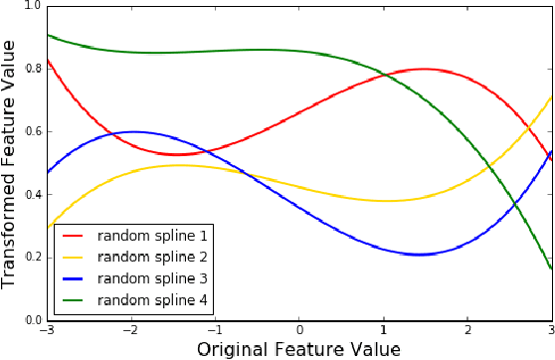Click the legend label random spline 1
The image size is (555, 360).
pos(152,236)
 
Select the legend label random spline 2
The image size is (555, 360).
pos(152,257)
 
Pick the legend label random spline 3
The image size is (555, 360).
pos(152,277)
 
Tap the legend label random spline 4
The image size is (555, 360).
pos(152,298)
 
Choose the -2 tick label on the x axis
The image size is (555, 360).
pos(129,330)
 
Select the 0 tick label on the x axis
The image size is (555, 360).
pos(298,330)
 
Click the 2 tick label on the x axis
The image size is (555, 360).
pos(467,330)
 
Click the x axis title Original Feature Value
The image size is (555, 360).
pos(298,349)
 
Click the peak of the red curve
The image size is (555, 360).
pos(425,69)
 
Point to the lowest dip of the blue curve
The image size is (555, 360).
pos(420,255)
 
